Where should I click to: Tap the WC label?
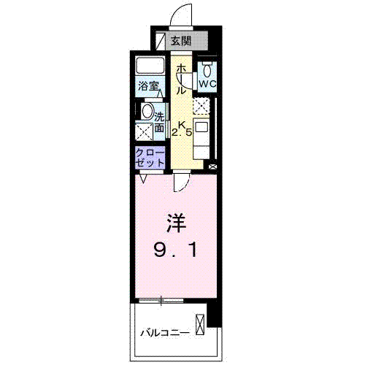tap(207, 84)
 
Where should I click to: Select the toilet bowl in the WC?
tap(207, 70)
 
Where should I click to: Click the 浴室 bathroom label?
tap(150, 86)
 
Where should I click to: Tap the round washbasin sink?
tap(147, 112)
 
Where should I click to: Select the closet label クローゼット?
tap(150, 157)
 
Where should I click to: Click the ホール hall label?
tap(180, 79)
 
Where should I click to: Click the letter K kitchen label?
tap(184, 124)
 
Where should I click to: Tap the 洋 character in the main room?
tap(174, 220)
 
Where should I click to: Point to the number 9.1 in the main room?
tap(174, 250)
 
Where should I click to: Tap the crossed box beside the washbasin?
tap(144, 131)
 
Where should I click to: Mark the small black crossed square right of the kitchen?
tap(212, 166)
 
